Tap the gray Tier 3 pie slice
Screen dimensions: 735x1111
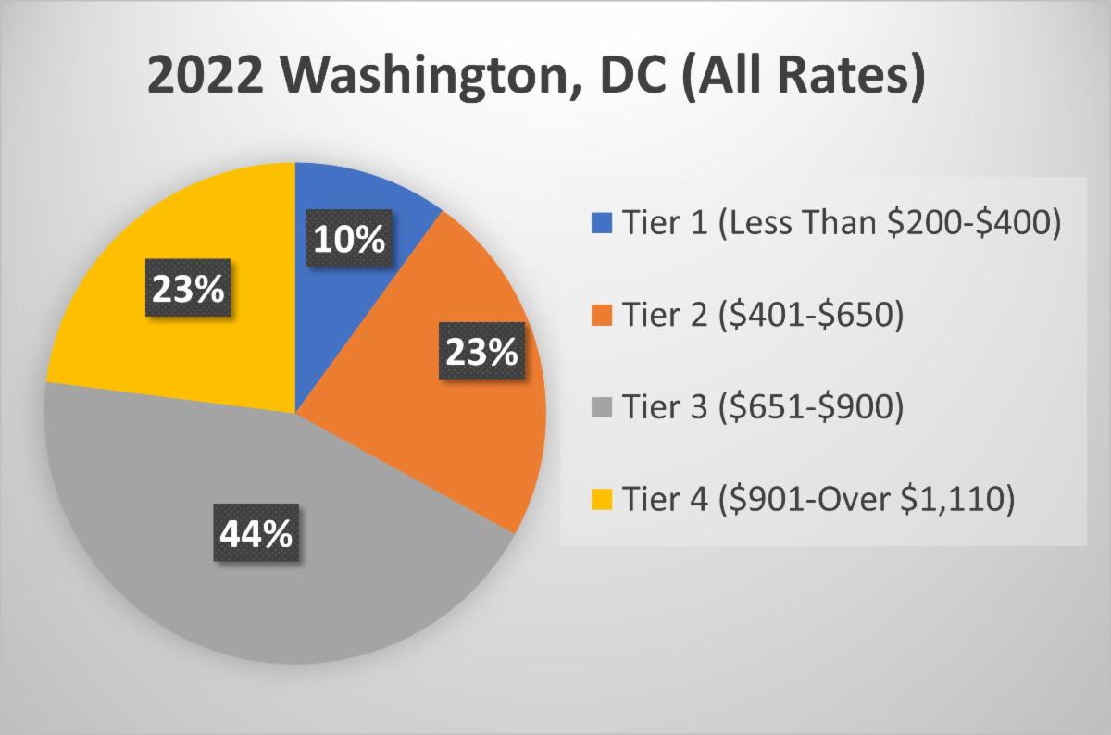[x=278, y=592]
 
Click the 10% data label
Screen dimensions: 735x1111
[x=348, y=240]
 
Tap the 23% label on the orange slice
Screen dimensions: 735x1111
[x=481, y=352]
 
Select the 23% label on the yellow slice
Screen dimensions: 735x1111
[x=189, y=291]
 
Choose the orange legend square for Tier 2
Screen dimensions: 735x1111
[x=602, y=317]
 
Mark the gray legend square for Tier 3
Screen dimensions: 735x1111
[x=602, y=408]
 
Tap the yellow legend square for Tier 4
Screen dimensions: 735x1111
[x=602, y=500]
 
